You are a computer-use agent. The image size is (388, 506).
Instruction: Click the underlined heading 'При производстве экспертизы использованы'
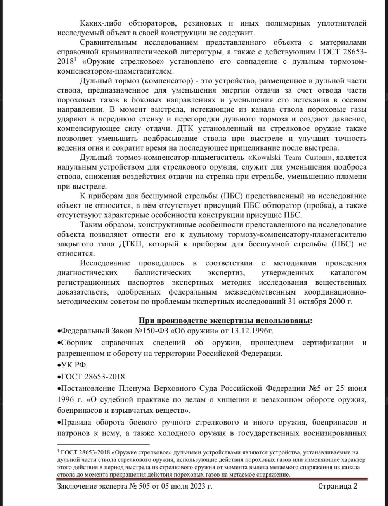(x=225, y=321)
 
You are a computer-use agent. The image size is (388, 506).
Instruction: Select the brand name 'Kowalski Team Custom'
(x=291, y=158)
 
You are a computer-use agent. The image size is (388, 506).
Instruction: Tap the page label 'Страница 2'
(x=338, y=486)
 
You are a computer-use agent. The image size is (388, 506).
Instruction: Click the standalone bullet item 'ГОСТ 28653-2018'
(x=92, y=377)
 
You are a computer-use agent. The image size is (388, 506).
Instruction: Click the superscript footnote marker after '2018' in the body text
(x=75, y=59)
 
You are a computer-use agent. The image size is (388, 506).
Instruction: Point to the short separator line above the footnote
(x=103, y=444)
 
